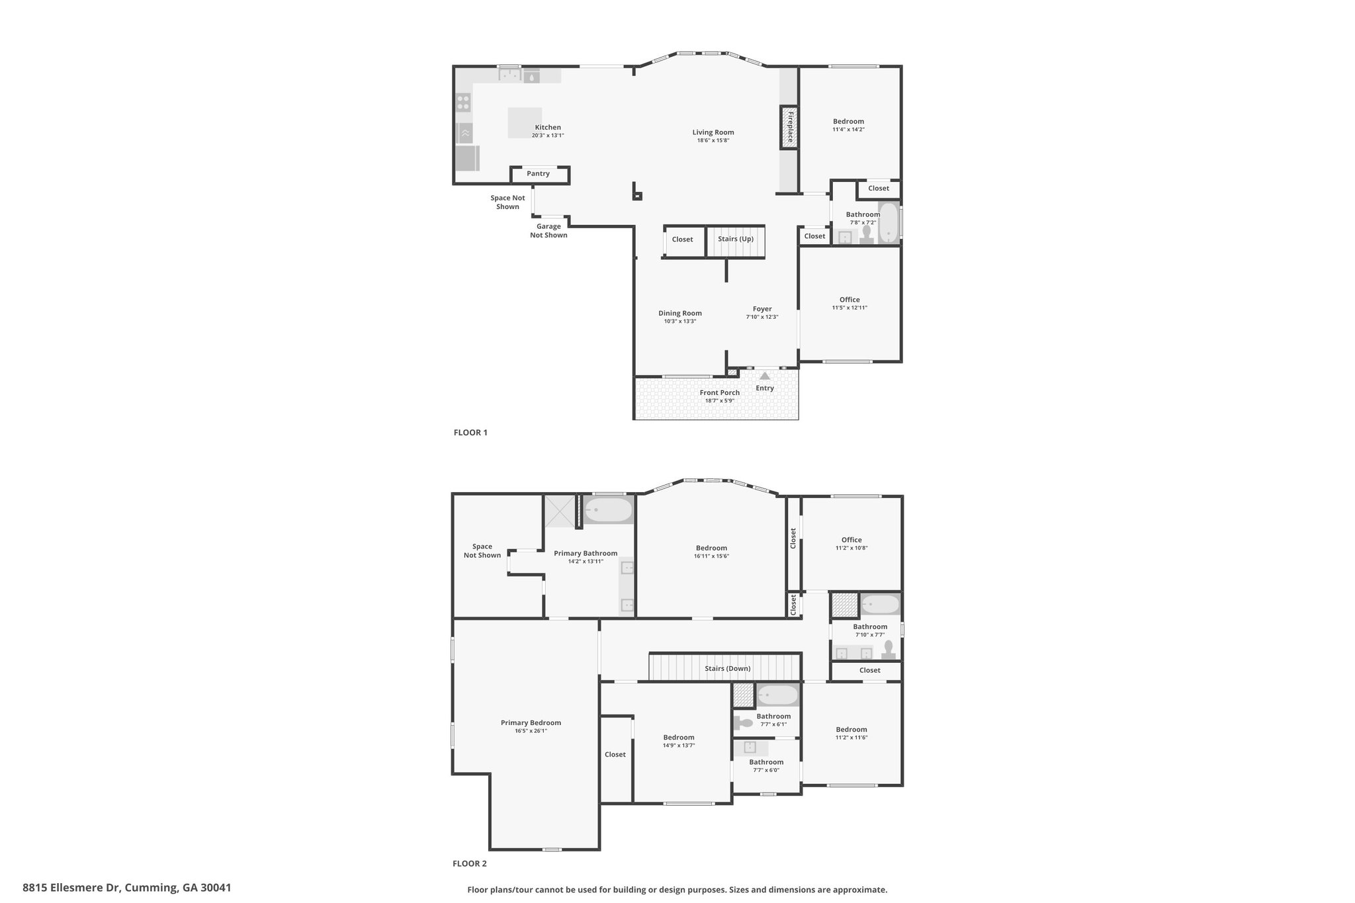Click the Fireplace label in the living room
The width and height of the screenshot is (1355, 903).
[x=790, y=127]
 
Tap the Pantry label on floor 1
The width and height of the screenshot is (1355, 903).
[x=539, y=174]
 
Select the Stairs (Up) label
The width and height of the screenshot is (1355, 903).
[x=736, y=239]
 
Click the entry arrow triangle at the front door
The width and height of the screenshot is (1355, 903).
[x=765, y=376]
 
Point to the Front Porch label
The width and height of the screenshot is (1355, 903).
[x=720, y=393]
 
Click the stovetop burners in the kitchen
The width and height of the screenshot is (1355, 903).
[x=463, y=103]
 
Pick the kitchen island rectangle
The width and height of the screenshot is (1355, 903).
[x=525, y=123]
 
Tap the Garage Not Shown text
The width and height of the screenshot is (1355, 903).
[x=548, y=231]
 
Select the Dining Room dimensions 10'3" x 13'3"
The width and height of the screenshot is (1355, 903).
[x=680, y=322]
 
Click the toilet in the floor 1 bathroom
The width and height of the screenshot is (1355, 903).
[x=866, y=235]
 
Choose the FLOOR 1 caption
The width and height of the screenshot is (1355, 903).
[x=470, y=433]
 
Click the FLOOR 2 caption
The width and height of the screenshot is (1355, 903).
[x=470, y=863]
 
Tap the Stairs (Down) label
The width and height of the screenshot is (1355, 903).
[x=728, y=668]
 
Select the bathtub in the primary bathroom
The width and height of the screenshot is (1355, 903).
[x=608, y=510]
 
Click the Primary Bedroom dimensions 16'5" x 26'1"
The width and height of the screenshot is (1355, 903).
[x=531, y=731]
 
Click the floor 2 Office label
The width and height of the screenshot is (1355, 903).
[x=852, y=540]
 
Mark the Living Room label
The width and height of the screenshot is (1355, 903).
[x=713, y=132]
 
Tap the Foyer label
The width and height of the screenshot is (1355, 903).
[x=762, y=309]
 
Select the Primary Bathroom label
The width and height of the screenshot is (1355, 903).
[x=586, y=554]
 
